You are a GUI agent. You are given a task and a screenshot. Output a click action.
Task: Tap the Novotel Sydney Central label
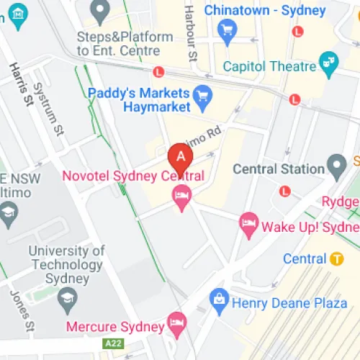134,176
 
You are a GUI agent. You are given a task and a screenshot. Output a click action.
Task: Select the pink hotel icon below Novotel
181,194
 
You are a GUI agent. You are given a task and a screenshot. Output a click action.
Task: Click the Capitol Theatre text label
269,66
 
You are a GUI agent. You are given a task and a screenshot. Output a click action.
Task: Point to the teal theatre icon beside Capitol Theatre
329,63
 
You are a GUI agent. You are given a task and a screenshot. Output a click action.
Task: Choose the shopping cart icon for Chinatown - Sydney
228,29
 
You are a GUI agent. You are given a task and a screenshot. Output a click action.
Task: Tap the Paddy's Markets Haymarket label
139,99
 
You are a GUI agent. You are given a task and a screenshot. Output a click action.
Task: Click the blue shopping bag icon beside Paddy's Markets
204,94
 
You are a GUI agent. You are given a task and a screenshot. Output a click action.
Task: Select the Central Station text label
279,168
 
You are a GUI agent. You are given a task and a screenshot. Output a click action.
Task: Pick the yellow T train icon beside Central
336,258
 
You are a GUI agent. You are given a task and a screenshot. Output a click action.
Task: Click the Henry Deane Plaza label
289,304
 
